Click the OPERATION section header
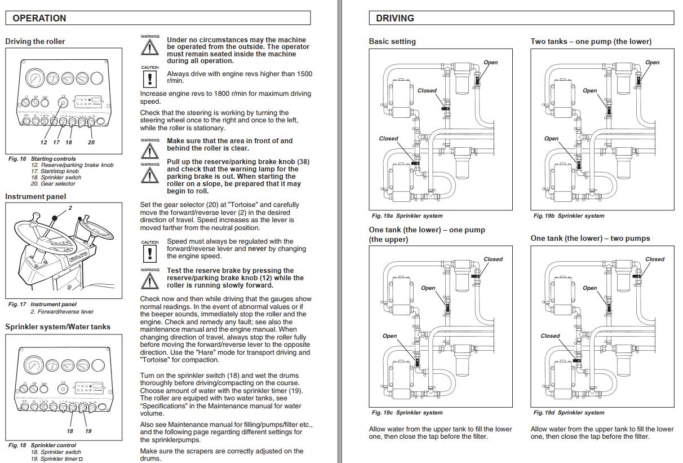39,18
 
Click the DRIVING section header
395,18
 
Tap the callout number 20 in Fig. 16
91,142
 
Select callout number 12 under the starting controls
43,142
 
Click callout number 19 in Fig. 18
88,431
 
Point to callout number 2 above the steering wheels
70,208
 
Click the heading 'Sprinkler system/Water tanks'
57,327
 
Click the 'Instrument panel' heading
36,196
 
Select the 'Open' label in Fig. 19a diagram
491,63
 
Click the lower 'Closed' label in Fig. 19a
388,138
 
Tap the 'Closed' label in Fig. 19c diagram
493,259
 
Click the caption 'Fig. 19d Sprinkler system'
569,412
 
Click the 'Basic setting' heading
392,41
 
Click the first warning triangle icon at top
149,47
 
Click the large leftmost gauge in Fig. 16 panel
34,78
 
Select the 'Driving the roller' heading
35,41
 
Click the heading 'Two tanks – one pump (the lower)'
591,41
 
